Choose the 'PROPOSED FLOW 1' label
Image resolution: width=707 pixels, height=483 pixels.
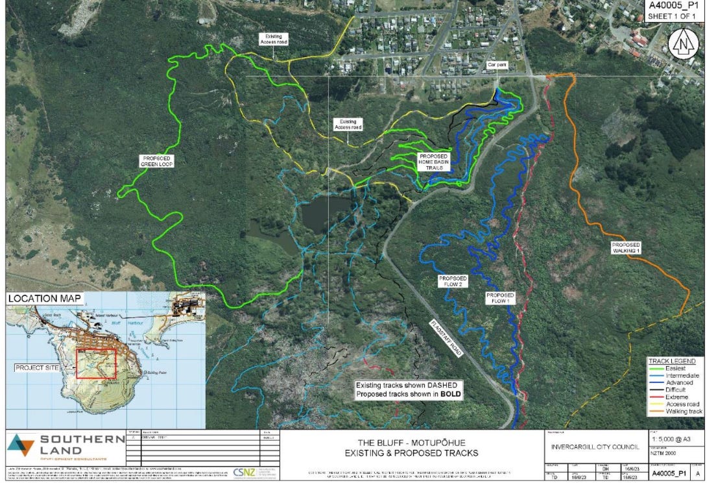500,299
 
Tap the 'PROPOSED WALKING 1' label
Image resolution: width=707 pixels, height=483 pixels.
626,247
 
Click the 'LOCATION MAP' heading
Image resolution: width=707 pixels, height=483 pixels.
45,299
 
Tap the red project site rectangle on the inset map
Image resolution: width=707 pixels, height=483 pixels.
96,364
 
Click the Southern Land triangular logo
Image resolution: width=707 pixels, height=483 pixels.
21,445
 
